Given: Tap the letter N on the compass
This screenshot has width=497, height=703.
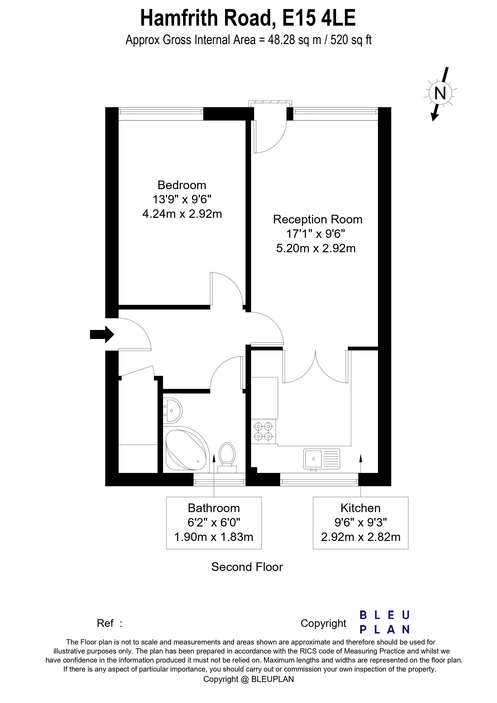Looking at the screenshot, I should pos(440,93).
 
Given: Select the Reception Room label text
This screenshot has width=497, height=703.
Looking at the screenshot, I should pos(318,220).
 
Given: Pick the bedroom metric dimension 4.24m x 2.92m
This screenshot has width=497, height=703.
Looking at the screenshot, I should pos(182,214).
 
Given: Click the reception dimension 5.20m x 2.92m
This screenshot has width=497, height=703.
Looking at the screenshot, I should pos(316,248).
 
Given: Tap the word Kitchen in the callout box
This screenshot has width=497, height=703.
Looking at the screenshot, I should pos(360,508).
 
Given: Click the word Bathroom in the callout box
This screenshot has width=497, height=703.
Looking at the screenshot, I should pos(214,508).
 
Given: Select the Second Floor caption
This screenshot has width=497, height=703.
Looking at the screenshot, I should pos(247,567).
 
